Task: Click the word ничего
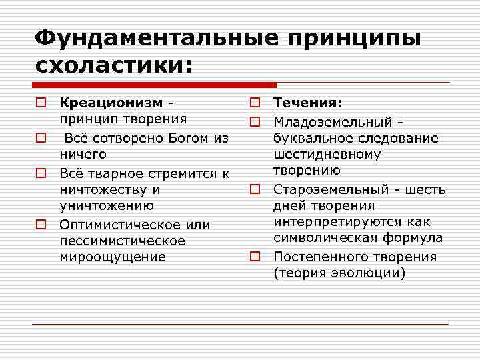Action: (x=83, y=155)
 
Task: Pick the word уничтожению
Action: (x=107, y=207)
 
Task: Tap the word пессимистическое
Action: (x=122, y=241)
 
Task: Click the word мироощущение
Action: (x=112, y=257)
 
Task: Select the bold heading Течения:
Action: (x=308, y=103)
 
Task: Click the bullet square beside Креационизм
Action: (x=41, y=103)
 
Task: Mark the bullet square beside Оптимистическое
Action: (x=41, y=225)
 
